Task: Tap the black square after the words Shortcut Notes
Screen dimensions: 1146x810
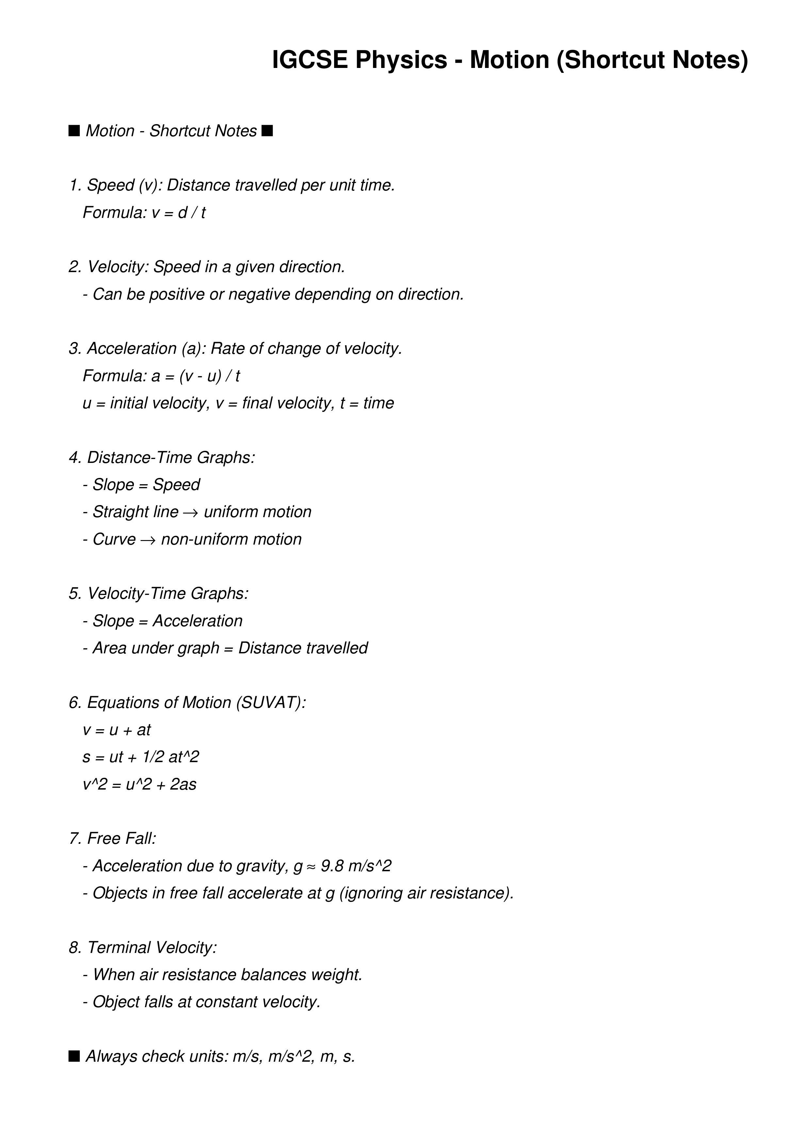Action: (267, 131)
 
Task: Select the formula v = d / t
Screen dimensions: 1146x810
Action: (179, 213)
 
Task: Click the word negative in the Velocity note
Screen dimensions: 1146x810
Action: (260, 294)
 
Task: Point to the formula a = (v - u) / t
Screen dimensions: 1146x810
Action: (196, 376)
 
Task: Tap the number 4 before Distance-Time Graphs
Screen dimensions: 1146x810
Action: (74, 458)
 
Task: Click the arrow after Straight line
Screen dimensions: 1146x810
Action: (191, 513)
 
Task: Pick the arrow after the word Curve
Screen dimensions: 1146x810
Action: (148, 540)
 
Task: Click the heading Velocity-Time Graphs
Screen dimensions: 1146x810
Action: (168, 594)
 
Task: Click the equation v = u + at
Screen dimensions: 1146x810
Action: (117, 730)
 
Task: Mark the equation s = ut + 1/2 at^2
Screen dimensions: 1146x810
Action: (141, 757)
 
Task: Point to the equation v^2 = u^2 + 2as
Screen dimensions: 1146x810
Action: (140, 784)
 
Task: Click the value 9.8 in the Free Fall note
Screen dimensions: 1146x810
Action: (332, 866)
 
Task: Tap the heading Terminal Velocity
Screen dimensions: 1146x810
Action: (152, 947)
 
